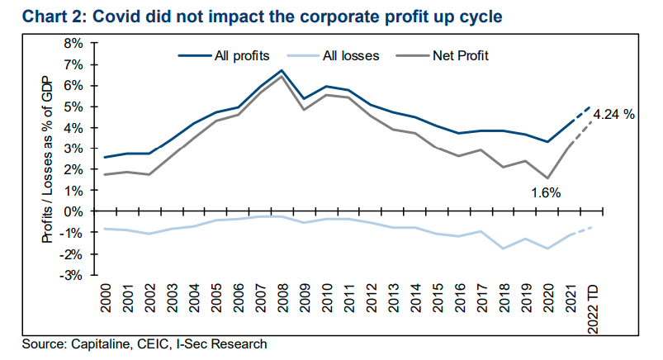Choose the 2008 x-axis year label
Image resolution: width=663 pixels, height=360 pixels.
point(282,302)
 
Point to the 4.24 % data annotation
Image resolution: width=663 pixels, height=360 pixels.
point(613,115)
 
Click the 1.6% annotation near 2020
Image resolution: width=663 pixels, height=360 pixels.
point(545,192)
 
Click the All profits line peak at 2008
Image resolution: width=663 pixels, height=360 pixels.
point(282,71)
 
